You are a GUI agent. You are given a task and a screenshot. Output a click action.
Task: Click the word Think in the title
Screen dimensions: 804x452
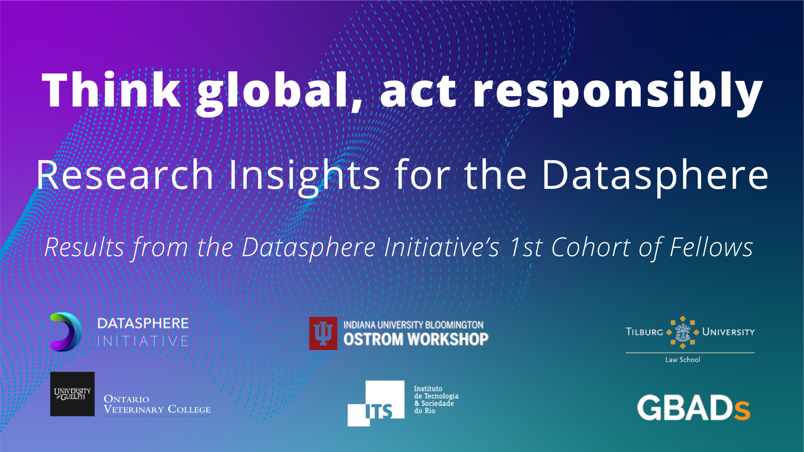[x=111, y=90]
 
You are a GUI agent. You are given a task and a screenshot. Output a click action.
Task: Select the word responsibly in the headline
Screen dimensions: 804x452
[x=618, y=94]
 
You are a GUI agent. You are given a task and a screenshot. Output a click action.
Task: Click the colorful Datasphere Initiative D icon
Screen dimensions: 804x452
[x=66, y=331]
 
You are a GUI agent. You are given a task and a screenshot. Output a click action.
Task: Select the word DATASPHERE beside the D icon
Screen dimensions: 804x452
[x=143, y=323]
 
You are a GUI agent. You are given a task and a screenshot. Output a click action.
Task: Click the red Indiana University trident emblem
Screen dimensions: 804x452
[x=323, y=333]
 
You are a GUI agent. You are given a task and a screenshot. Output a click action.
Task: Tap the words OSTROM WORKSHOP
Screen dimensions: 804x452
[x=416, y=340]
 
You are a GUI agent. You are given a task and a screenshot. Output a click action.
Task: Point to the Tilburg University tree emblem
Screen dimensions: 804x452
[x=682, y=332]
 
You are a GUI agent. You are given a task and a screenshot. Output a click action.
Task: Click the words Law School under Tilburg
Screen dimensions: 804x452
[x=683, y=360]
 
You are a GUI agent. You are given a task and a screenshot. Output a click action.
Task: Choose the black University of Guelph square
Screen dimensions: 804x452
[x=72, y=394]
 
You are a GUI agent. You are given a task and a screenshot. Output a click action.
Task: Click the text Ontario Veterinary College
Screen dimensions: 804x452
[x=157, y=404]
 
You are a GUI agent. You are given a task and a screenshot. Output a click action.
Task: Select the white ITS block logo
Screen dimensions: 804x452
[x=376, y=404]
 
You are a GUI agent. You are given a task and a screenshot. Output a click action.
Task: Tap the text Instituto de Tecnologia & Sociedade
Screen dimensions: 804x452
[x=436, y=396]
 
